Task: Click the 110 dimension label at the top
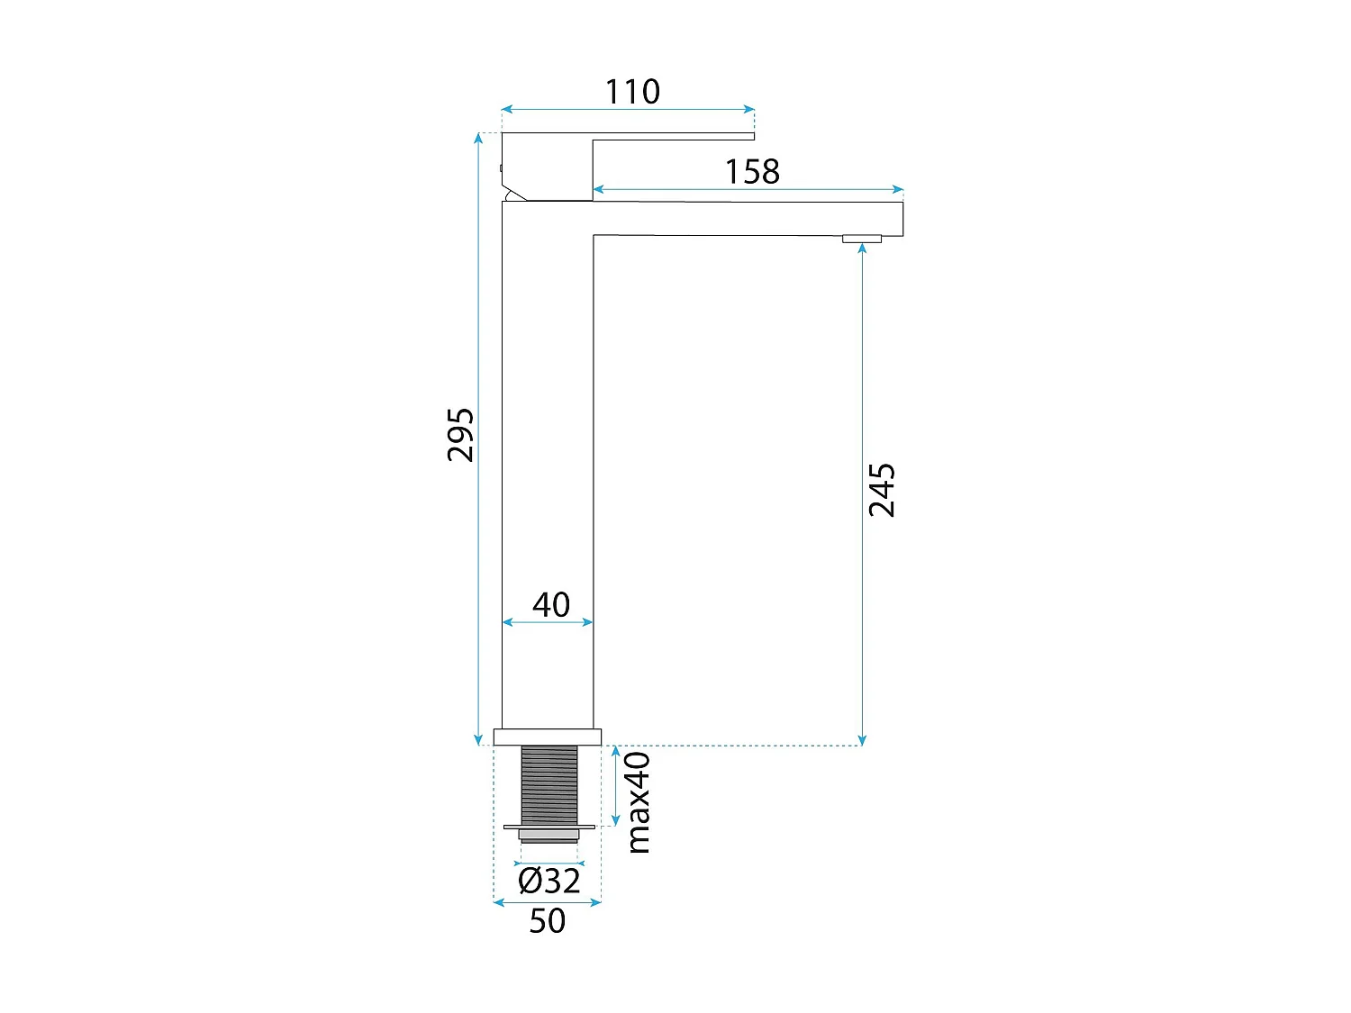click(x=632, y=92)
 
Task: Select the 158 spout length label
click(x=752, y=172)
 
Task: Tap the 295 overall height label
click(x=460, y=435)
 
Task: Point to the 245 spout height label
click(x=882, y=490)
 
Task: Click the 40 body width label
click(x=550, y=604)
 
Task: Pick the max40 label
click(x=638, y=802)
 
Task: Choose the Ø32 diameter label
click(x=549, y=880)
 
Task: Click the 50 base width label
click(x=547, y=921)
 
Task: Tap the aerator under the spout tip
click(x=862, y=239)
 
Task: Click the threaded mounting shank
click(x=549, y=783)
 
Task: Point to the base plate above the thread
click(x=547, y=737)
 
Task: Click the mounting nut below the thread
click(x=549, y=836)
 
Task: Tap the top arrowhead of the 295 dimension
click(x=478, y=138)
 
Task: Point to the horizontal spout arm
click(x=748, y=219)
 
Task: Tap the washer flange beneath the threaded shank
click(x=549, y=826)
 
